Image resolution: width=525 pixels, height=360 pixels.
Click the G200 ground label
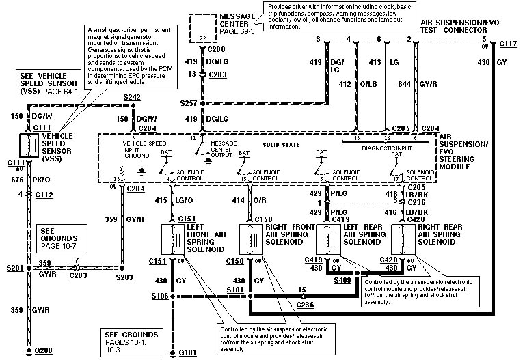coord(44,352)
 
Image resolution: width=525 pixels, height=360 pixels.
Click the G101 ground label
coord(189,352)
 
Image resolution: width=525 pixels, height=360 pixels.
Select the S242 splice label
coord(132,98)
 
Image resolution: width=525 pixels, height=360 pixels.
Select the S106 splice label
coord(161,296)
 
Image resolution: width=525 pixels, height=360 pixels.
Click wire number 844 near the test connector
coord(385,84)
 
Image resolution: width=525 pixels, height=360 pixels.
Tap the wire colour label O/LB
coord(368,84)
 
